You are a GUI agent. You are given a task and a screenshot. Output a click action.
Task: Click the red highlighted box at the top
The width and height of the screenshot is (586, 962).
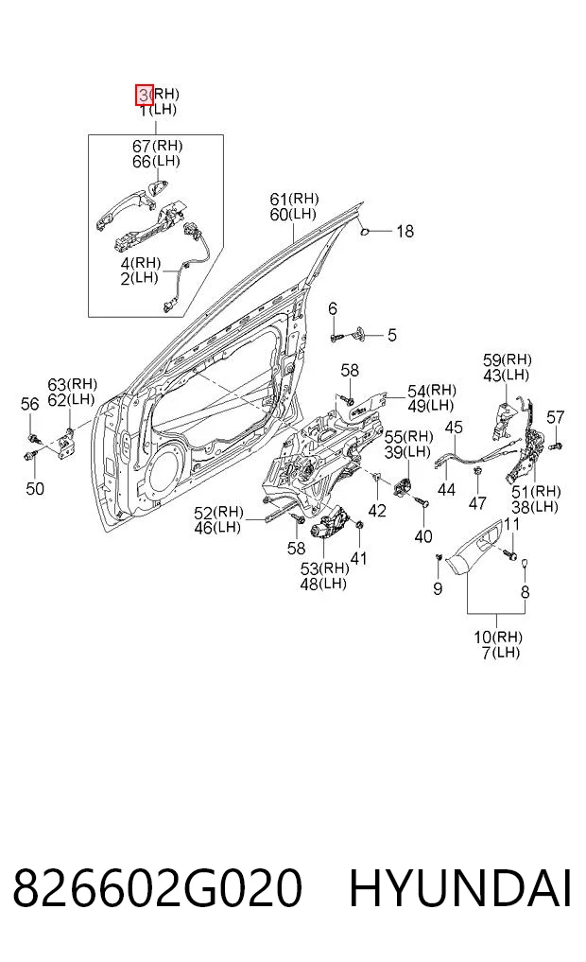click(145, 96)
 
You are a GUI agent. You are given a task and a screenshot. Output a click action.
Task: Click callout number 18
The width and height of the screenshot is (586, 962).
click(405, 232)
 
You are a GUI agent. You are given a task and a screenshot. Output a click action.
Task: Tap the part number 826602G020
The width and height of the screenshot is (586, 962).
click(158, 887)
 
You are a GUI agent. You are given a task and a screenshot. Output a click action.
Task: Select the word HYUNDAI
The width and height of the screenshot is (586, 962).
click(460, 887)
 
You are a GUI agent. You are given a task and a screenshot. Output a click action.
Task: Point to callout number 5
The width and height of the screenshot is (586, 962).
click(391, 335)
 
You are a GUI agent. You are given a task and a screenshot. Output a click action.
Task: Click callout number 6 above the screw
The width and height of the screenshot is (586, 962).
click(333, 308)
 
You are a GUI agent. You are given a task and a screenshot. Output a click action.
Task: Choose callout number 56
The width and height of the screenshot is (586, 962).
click(30, 404)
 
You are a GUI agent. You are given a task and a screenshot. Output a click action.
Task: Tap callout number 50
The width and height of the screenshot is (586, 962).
click(35, 488)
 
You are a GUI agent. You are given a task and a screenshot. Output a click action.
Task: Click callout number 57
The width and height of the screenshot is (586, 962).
click(555, 418)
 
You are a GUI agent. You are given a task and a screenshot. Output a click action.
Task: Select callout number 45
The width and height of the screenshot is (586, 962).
click(454, 427)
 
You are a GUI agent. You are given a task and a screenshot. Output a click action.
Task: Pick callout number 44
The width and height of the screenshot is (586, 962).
click(446, 489)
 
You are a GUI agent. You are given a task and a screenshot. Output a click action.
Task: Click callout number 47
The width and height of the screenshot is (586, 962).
click(477, 502)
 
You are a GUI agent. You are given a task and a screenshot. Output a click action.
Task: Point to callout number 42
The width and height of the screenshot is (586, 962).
click(377, 510)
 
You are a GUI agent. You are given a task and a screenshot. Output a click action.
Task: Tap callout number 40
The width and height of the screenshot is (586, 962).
click(423, 536)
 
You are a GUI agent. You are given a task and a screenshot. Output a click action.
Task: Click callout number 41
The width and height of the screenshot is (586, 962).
click(358, 558)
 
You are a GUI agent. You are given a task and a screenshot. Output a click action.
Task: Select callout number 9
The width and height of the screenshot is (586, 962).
click(437, 589)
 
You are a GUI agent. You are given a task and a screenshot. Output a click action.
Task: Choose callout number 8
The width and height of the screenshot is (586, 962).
click(525, 592)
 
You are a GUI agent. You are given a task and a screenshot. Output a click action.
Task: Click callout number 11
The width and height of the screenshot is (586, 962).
click(512, 525)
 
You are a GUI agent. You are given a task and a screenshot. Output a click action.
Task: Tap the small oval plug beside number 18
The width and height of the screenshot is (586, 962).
click(363, 232)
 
